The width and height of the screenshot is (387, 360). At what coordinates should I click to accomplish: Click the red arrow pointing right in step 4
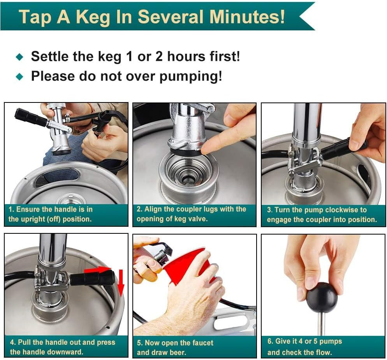pyautogui.click(x=98, y=269)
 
